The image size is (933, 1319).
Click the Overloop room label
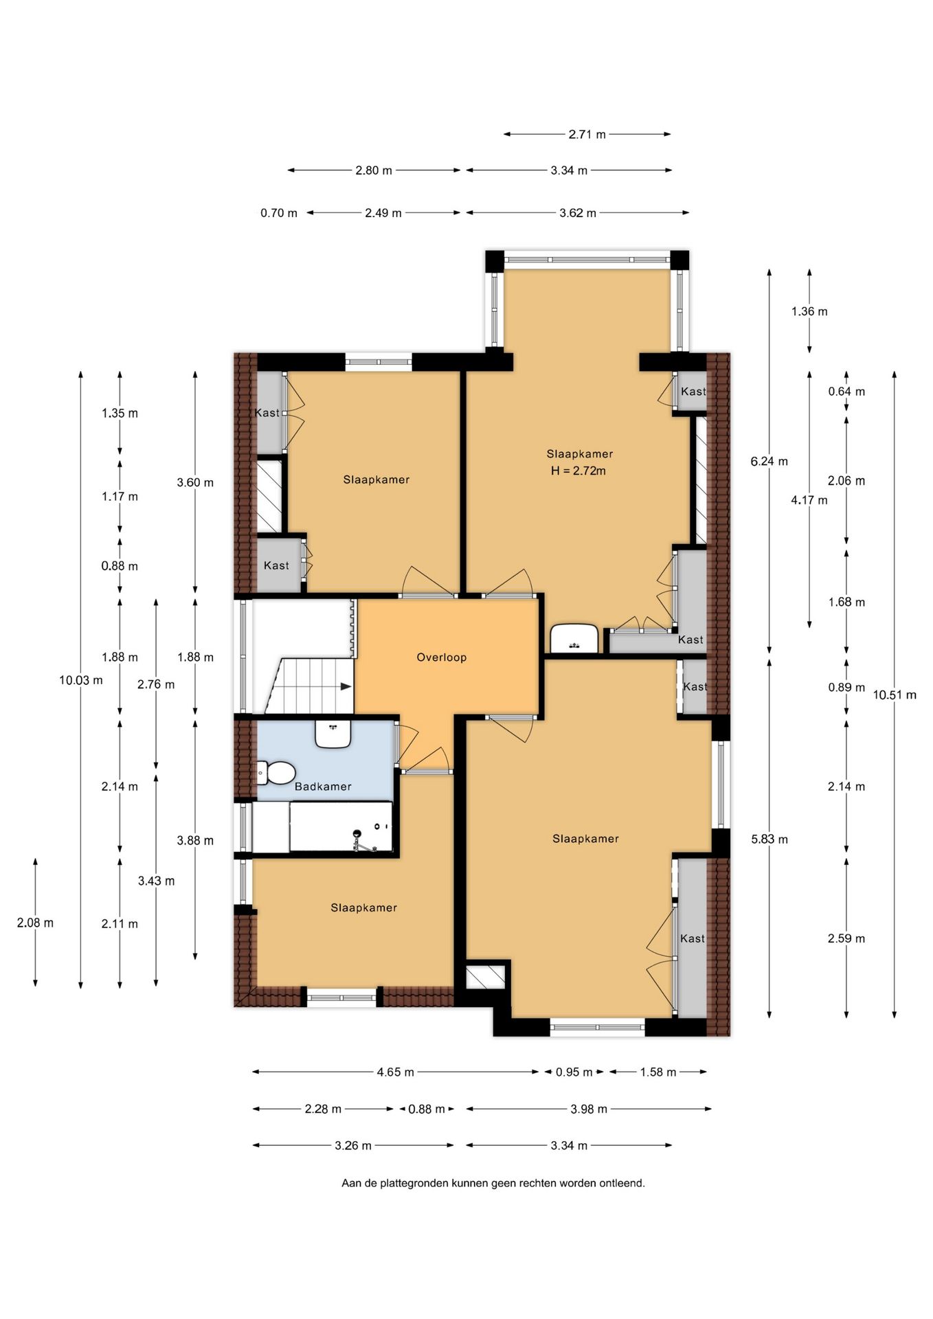coord(441,657)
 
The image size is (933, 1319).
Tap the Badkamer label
coord(323,787)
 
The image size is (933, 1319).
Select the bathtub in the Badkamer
coord(341,826)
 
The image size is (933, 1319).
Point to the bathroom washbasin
coord(333,733)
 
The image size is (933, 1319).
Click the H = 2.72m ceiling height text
coord(578,471)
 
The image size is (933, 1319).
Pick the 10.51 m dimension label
coord(895,695)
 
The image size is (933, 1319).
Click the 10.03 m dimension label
coord(81,680)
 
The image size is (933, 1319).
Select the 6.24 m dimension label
coord(769,462)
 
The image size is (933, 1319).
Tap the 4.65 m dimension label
coord(395,1072)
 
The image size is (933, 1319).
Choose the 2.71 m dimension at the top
coord(587,135)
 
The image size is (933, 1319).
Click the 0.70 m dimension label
coord(279,213)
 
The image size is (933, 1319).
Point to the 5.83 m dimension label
coord(769,839)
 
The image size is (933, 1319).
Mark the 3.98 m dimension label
coord(589,1109)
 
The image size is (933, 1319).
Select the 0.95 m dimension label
coord(574,1072)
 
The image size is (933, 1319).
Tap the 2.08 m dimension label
coord(35,923)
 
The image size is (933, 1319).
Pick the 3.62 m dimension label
coord(578,213)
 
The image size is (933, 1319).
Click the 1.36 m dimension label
coord(809,312)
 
